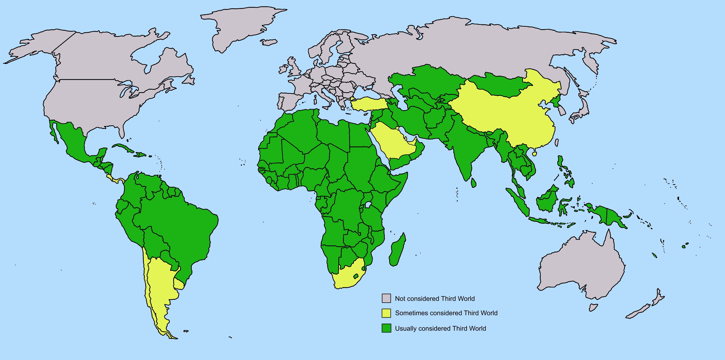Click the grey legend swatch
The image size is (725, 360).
tap(386, 298)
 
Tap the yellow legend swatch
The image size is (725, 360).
tap(386, 313)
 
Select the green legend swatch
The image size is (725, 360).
tap(386, 328)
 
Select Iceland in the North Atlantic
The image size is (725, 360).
tap(269, 42)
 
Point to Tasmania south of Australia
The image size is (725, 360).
tap(593, 307)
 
